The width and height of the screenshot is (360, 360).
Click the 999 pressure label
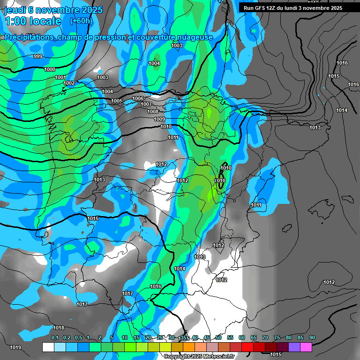pos(38,56)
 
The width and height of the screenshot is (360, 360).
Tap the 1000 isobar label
pos(49,69)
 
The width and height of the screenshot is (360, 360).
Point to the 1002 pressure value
pos(69,83)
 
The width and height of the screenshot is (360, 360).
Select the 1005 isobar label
pos(117,101)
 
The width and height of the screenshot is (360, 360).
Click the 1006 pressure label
pos(138,98)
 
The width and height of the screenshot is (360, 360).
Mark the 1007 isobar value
pos(146,104)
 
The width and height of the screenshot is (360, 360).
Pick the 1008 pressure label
pos(153,112)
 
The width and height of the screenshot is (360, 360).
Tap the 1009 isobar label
pos(159,119)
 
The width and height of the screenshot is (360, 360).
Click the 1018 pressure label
pos(59,328)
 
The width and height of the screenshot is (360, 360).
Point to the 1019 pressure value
pos(15,347)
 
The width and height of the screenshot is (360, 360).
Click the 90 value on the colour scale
pos(312,337)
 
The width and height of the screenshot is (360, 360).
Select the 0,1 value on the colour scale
pos(55,337)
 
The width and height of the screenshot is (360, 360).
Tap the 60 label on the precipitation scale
pos(242,337)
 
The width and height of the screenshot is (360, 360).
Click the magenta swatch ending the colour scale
pos(306,347)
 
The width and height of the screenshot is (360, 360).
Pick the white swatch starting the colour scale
pos(48,347)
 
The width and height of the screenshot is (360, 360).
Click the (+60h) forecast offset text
pos(81,21)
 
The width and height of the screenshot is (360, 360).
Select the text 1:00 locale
pos(33,21)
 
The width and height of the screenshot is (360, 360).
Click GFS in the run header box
pos(261,8)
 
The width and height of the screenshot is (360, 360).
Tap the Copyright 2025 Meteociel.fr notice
pos(199,356)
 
